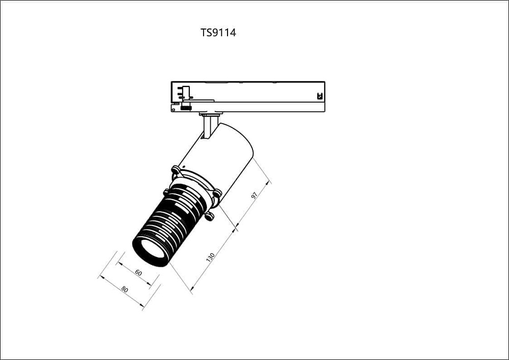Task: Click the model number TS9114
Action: [x=218, y=33]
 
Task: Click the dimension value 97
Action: [x=254, y=195]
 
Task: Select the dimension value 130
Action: [x=210, y=257]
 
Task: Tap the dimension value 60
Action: [x=138, y=273]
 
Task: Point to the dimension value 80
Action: [x=124, y=289]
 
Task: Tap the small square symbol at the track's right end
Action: [x=320, y=96]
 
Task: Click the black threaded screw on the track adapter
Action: [x=186, y=107]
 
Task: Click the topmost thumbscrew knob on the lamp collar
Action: [x=176, y=170]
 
